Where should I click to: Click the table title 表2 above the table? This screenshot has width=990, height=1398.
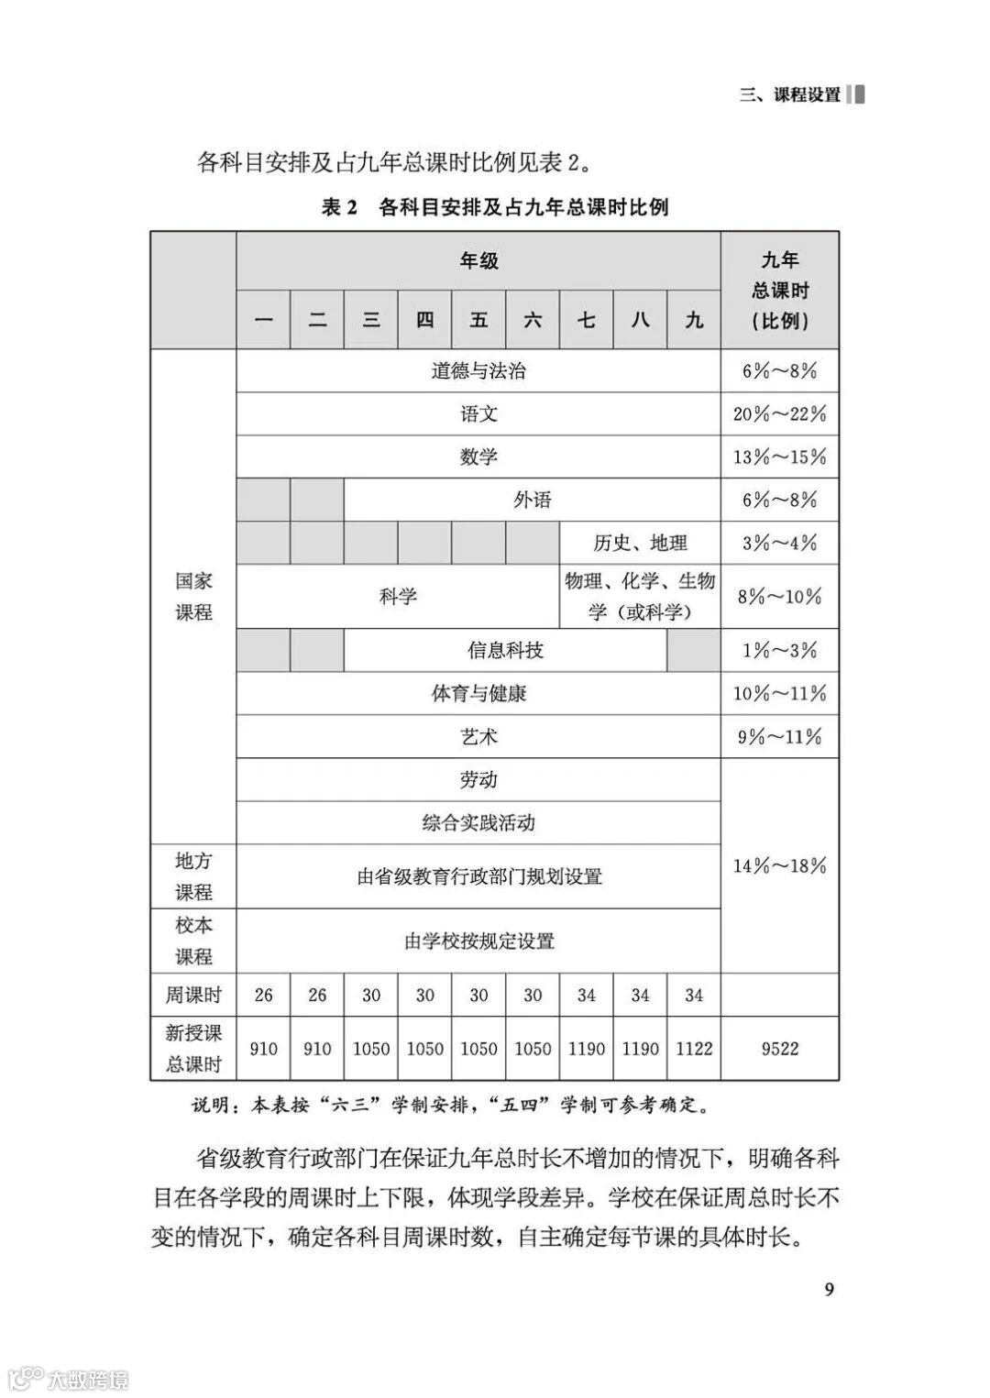tap(495, 207)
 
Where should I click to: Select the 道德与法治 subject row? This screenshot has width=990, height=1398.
tap(478, 371)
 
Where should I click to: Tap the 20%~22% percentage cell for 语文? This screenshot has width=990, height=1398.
tap(779, 414)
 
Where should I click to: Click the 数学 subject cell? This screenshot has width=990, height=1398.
tap(478, 457)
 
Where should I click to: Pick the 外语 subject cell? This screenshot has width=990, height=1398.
tap(533, 500)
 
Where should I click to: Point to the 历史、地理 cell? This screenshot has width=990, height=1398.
tap(640, 543)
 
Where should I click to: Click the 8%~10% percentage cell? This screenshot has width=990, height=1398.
tap(779, 597)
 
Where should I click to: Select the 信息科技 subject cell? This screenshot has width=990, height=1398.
tap(505, 651)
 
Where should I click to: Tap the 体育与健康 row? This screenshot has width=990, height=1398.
tap(478, 694)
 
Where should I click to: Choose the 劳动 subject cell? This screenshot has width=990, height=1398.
tap(478, 780)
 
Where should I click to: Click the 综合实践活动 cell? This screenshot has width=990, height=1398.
tap(478, 823)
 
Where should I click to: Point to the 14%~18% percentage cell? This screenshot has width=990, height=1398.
tap(779, 865)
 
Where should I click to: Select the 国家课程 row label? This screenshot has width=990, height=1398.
tap(193, 597)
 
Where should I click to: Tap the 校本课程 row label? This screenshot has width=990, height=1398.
tap(193, 941)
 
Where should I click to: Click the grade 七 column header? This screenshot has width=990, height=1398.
tap(587, 320)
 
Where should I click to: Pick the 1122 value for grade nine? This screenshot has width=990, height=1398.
tap(694, 1049)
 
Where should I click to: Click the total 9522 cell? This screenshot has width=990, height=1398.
tap(779, 1049)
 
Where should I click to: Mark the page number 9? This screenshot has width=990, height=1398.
tap(830, 1290)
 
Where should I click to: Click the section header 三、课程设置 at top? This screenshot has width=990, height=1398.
tap(790, 94)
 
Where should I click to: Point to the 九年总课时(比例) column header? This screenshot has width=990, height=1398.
tap(779, 291)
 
